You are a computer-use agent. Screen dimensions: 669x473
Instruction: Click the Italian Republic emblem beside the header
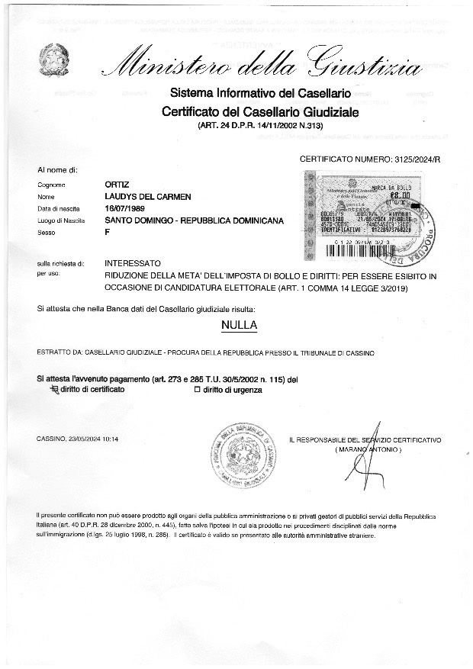(x=56, y=58)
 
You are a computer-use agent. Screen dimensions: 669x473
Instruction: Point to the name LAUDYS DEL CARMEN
(x=147, y=197)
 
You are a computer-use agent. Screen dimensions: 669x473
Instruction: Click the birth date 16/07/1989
(x=125, y=208)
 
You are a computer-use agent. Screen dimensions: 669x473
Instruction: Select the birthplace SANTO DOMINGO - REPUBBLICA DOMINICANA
(x=194, y=220)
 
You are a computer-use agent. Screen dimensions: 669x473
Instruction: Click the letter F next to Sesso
(x=107, y=233)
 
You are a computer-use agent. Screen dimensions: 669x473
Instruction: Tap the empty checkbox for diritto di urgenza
(x=197, y=390)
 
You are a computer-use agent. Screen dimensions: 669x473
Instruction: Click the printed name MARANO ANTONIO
(x=367, y=451)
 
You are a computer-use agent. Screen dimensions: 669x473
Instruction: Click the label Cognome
(x=51, y=185)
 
